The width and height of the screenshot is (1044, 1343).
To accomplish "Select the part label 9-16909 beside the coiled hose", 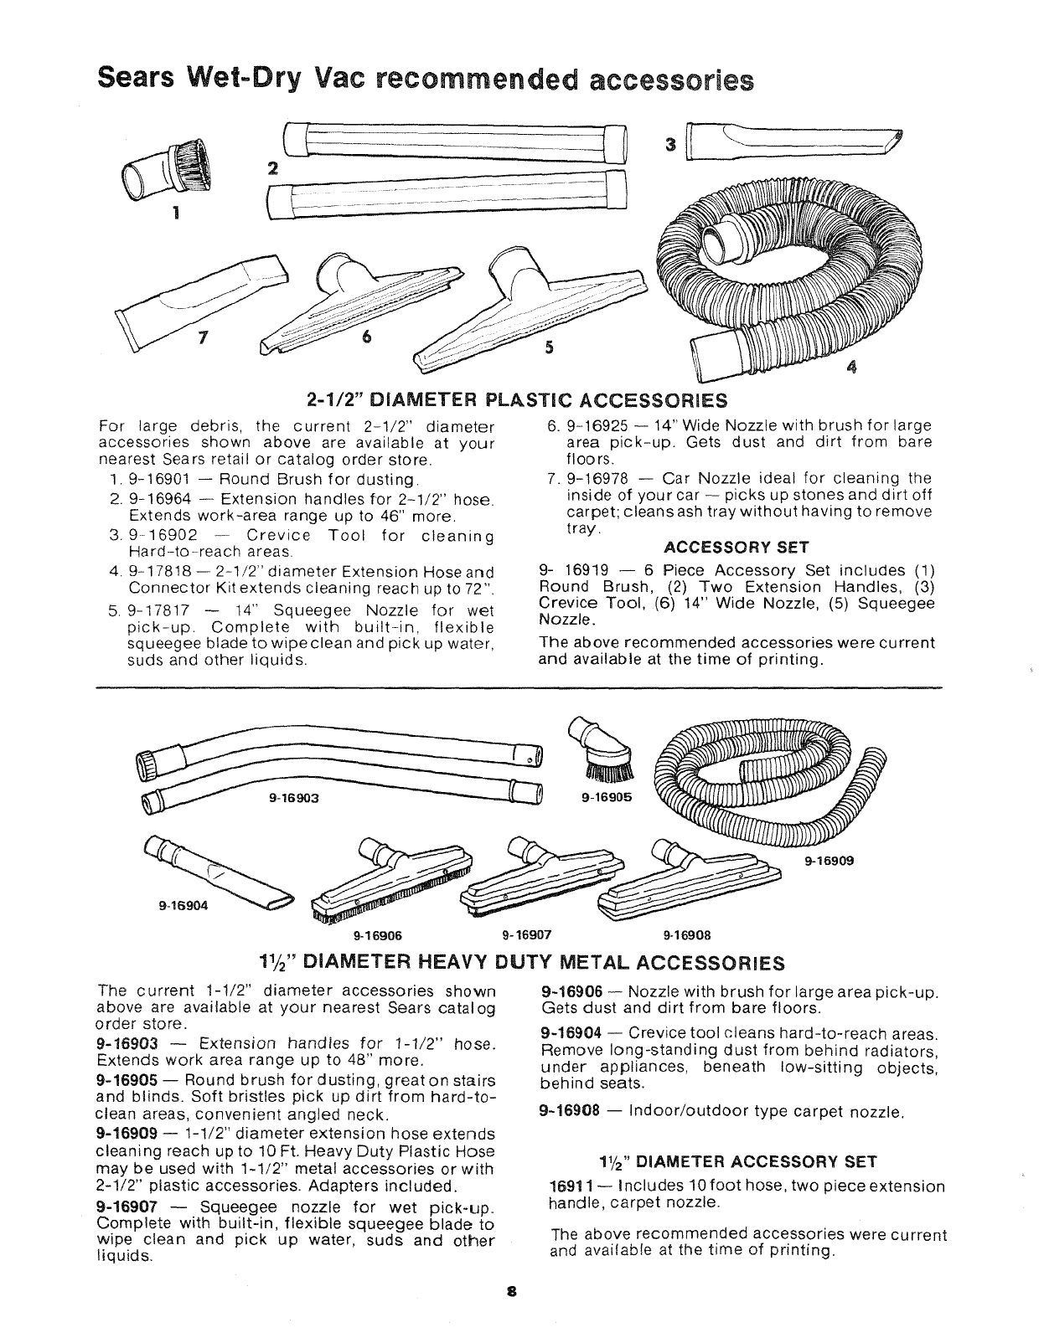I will tap(830, 860).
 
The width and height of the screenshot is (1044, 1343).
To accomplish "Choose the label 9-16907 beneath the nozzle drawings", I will tap(525, 935).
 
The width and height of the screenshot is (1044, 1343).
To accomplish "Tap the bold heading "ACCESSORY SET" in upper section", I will tap(735, 548).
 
